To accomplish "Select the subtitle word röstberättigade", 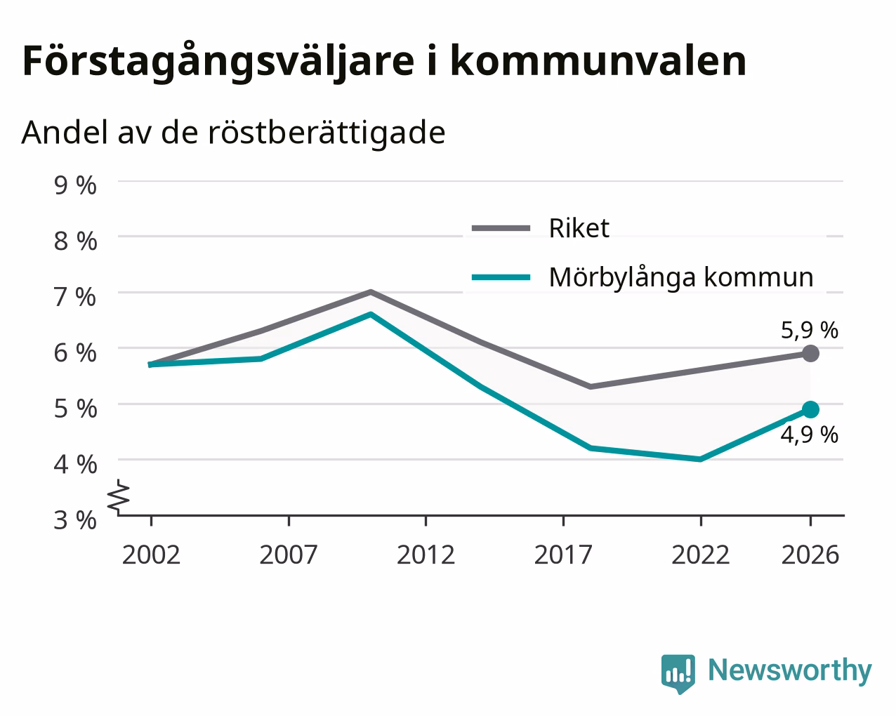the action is click(x=327, y=133).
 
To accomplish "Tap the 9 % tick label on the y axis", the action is click(x=75, y=185).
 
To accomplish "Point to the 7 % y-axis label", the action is click(x=75, y=297).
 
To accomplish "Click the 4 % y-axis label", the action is click(x=75, y=465).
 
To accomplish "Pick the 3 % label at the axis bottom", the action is click(x=75, y=520).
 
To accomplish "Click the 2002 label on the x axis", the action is click(x=151, y=555).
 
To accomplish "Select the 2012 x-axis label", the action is click(x=426, y=555).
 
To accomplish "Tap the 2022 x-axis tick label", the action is click(x=700, y=555).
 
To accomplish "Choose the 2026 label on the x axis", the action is click(x=810, y=555).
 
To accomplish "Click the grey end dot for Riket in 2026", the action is click(x=810, y=353).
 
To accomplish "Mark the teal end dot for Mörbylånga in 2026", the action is click(x=810, y=410).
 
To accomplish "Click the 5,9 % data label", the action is click(x=810, y=331).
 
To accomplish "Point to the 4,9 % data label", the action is click(x=810, y=435).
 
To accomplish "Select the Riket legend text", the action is click(x=579, y=228).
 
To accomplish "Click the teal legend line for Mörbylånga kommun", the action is click(x=501, y=277).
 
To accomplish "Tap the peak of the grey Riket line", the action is click(x=371, y=292).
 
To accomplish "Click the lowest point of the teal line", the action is click(x=700, y=459).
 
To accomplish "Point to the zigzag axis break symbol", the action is click(x=119, y=495).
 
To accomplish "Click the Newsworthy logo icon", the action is click(x=678, y=673).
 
